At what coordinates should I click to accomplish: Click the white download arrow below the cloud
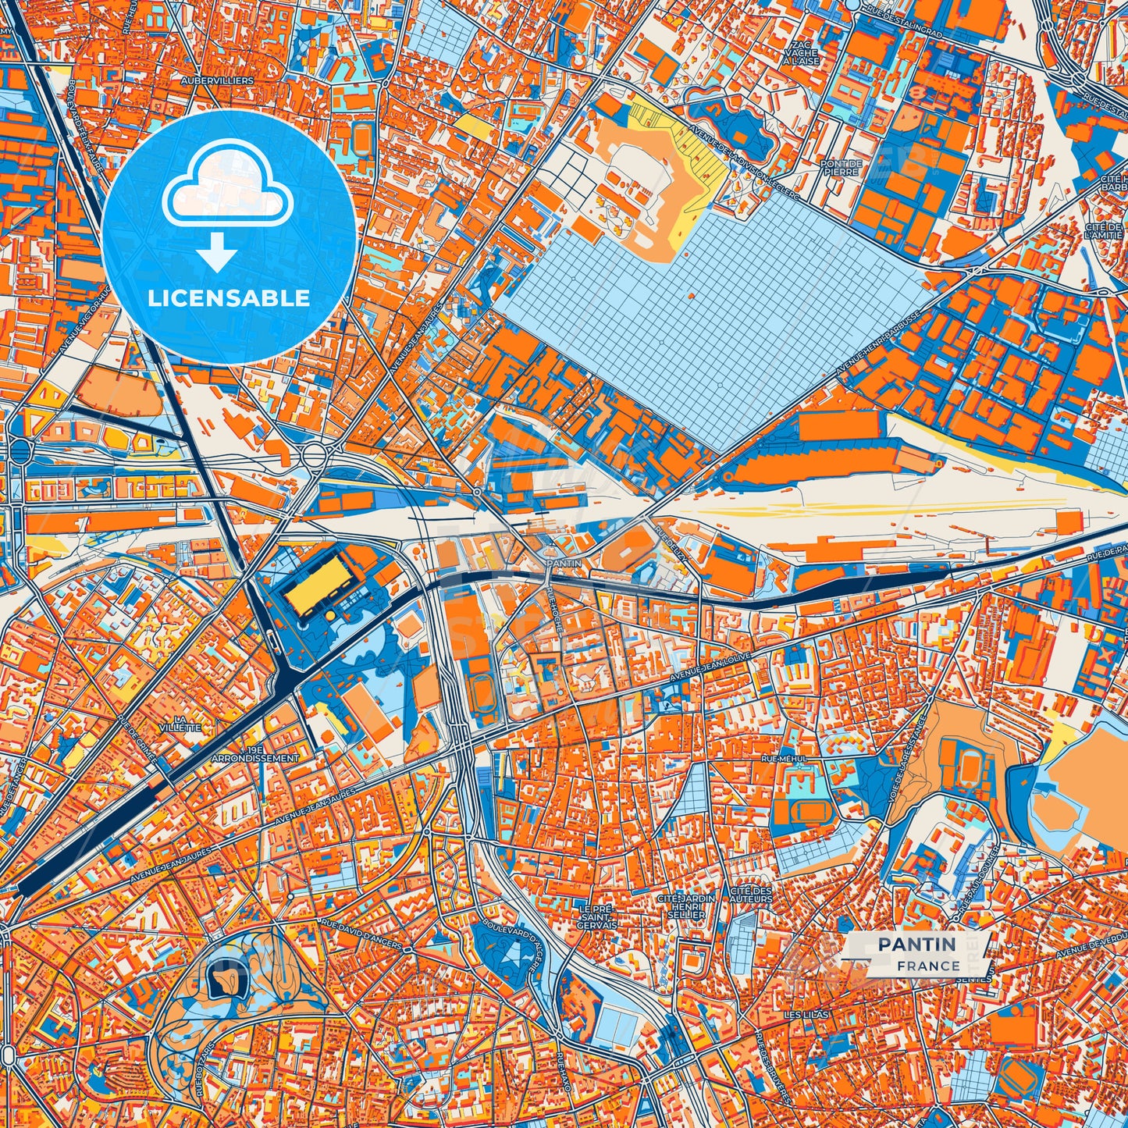pos(218,254)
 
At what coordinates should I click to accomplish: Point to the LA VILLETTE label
pos(187,723)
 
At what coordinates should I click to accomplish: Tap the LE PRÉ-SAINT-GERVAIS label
pos(597,916)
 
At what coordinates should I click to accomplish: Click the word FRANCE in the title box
pos(928,966)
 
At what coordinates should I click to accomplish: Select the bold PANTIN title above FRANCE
pos(916,945)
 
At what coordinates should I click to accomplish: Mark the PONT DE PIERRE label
pos(840,167)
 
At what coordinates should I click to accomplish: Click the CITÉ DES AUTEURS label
pos(751,895)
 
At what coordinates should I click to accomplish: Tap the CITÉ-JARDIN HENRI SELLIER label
pos(686,907)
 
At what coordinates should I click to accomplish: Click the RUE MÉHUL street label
pos(781,757)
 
